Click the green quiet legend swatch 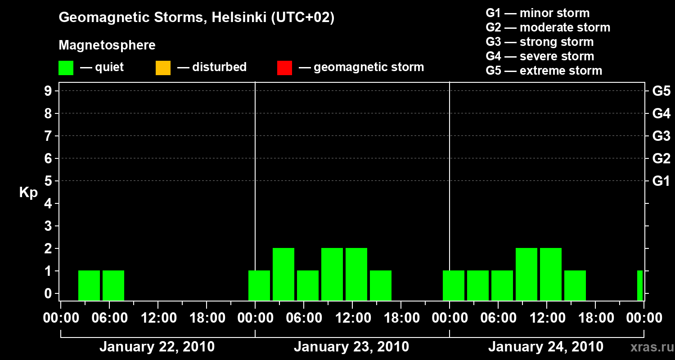tap(66, 67)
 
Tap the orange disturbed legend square tap(163, 67)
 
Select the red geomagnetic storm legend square tap(284, 67)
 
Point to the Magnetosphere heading tap(107, 45)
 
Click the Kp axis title tap(28, 193)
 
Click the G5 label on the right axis tap(661, 91)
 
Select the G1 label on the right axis tap(661, 181)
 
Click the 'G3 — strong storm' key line tap(540, 42)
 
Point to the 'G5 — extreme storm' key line tap(544, 71)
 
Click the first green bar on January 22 tap(89, 285)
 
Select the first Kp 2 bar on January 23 tap(283, 274)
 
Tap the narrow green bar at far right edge tap(640, 285)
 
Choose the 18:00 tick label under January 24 tap(595, 318)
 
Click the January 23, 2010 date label tap(351, 347)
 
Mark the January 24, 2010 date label tap(546, 347)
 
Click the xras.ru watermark tap(652, 347)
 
